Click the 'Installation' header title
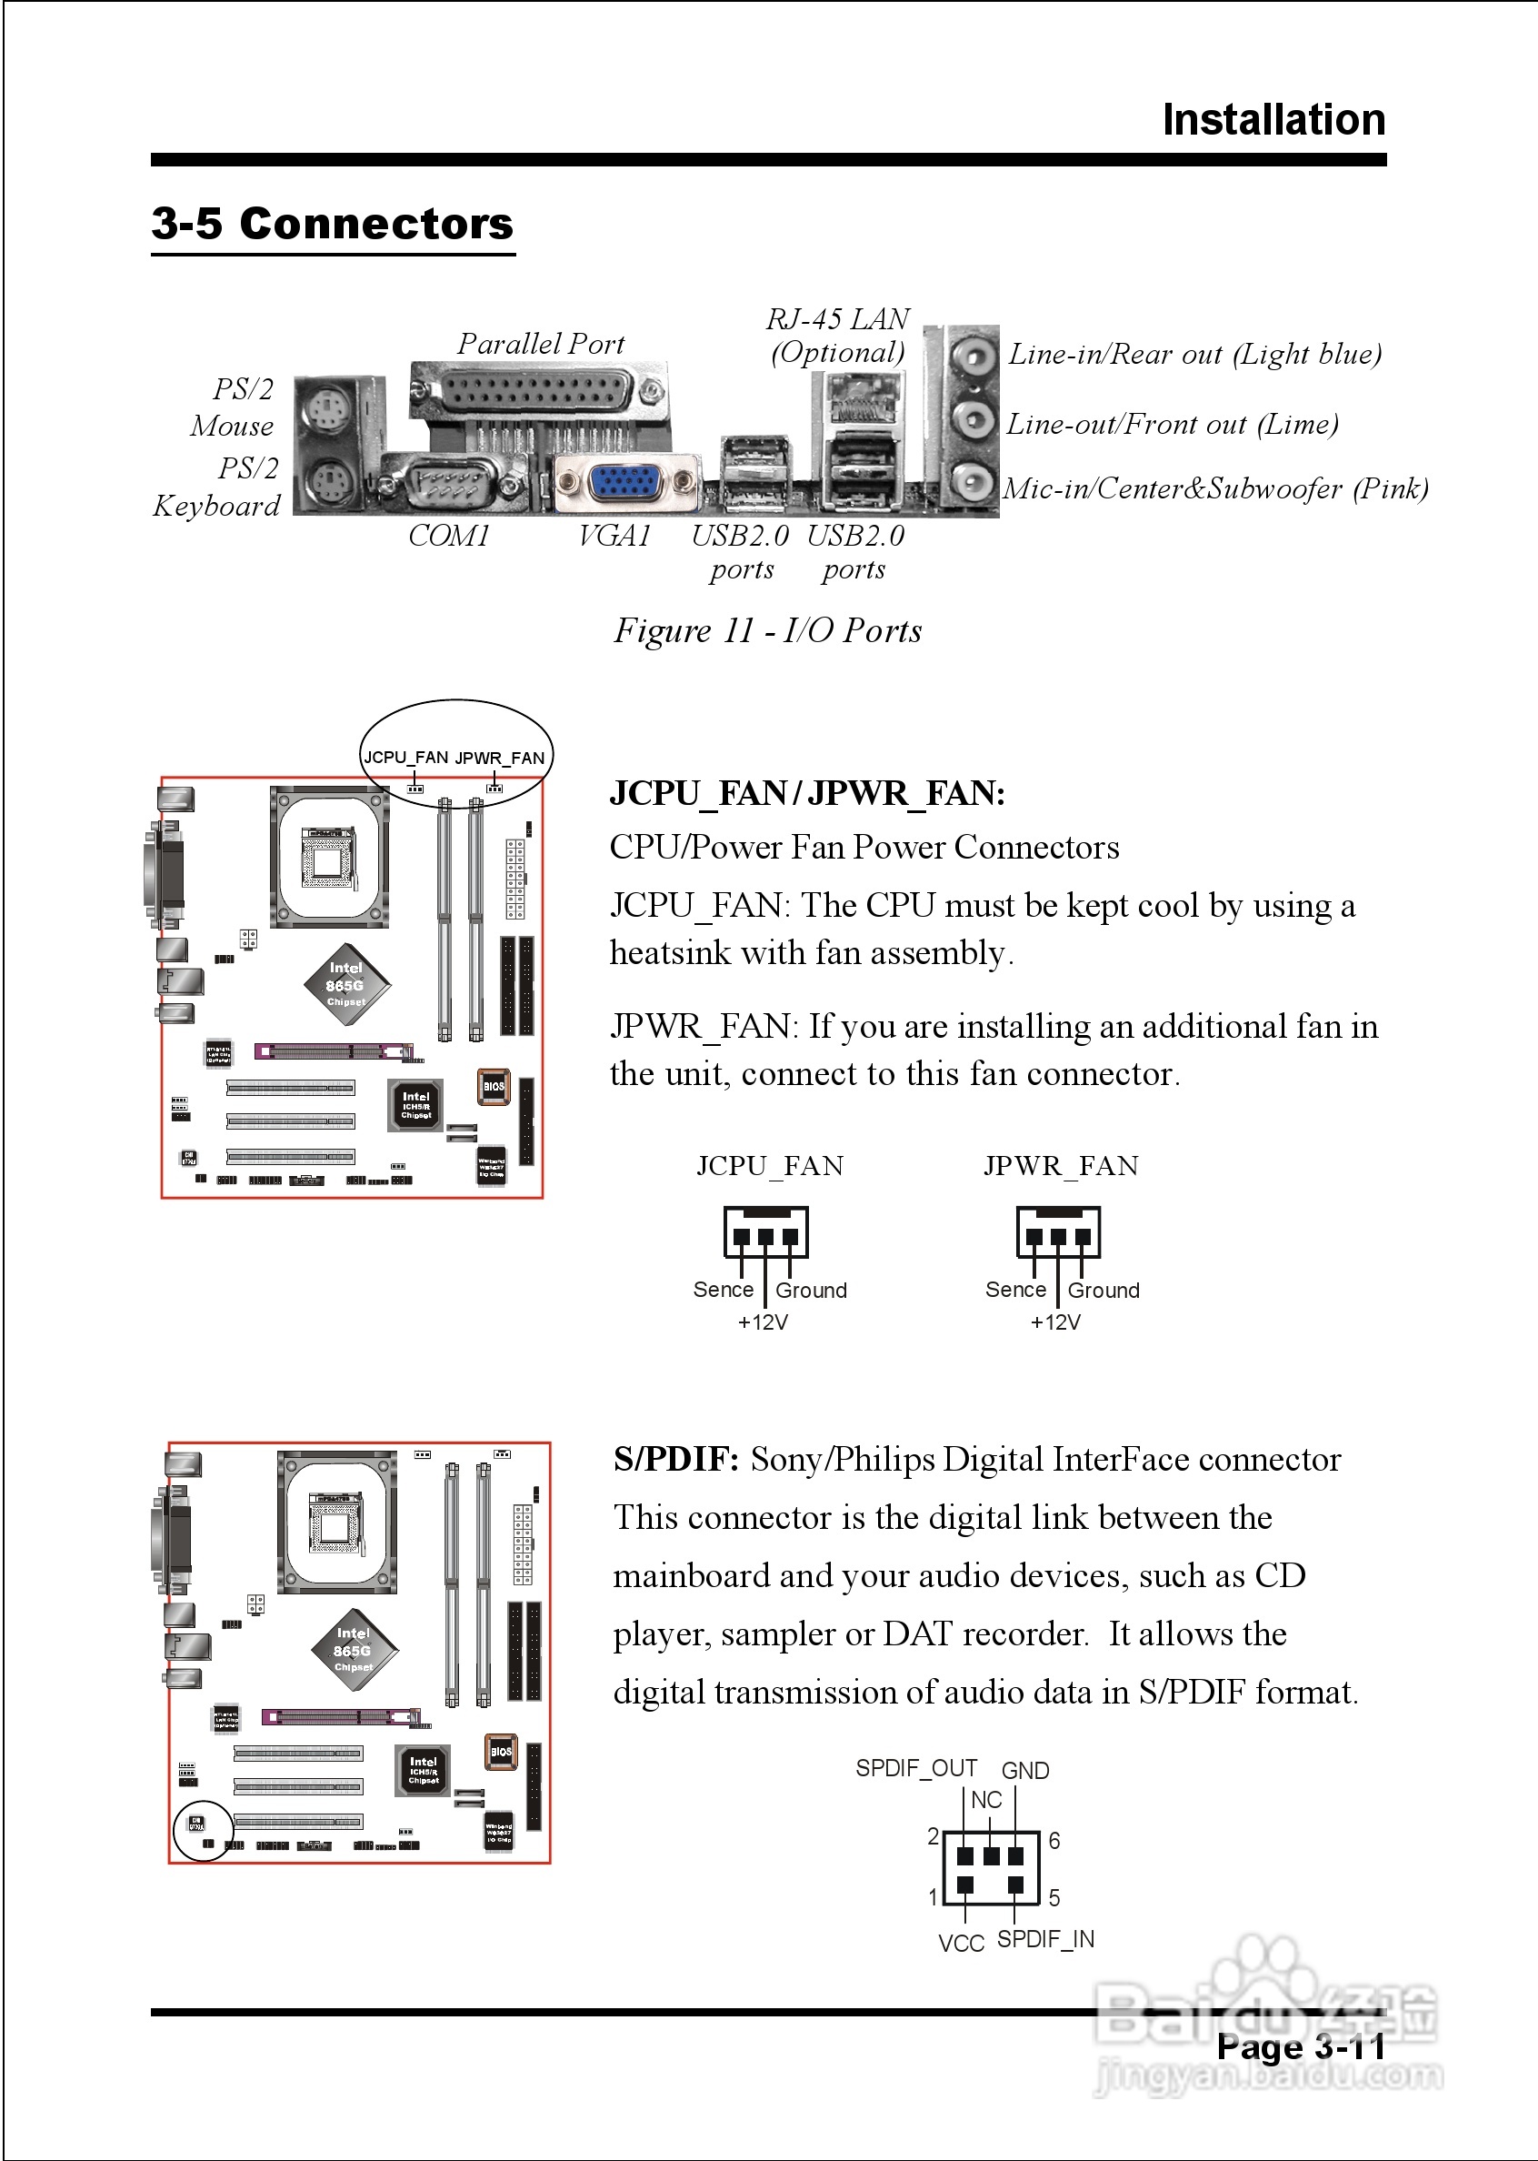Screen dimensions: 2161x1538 pyautogui.click(x=1273, y=120)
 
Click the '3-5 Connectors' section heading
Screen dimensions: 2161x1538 pyautogui.click(x=332, y=225)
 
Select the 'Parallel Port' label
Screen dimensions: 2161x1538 pyautogui.click(x=541, y=344)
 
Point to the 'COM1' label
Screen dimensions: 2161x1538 pyautogui.click(x=449, y=537)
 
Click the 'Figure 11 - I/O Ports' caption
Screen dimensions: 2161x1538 pyautogui.click(x=767, y=631)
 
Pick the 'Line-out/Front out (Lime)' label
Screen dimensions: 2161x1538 pyautogui.click(x=1172, y=425)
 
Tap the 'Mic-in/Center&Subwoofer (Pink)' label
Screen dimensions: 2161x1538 pyautogui.click(x=1215, y=488)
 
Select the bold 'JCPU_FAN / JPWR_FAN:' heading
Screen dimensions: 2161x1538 pyautogui.click(x=807, y=793)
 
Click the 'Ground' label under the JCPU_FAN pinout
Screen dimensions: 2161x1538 pyautogui.click(x=811, y=1291)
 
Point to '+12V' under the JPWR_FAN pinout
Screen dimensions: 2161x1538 pyautogui.click(x=1055, y=1322)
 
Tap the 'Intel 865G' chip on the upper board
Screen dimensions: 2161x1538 pyautogui.click(x=345, y=985)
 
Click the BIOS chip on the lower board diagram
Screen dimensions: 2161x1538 pyautogui.click(x=500, y=1752)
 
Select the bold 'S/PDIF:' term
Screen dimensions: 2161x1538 pyautogui.click(x=675, y=1460)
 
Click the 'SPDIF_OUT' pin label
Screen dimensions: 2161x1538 pyautogui.click(x=915, y=1769)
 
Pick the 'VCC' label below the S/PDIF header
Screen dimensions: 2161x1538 pyautogui.click(x=962, y=1944)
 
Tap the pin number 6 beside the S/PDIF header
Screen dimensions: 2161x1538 pyautogui.click(x=1054, y=1841)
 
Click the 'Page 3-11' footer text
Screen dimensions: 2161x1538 pyautogui.click(x=1300, y=2047)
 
